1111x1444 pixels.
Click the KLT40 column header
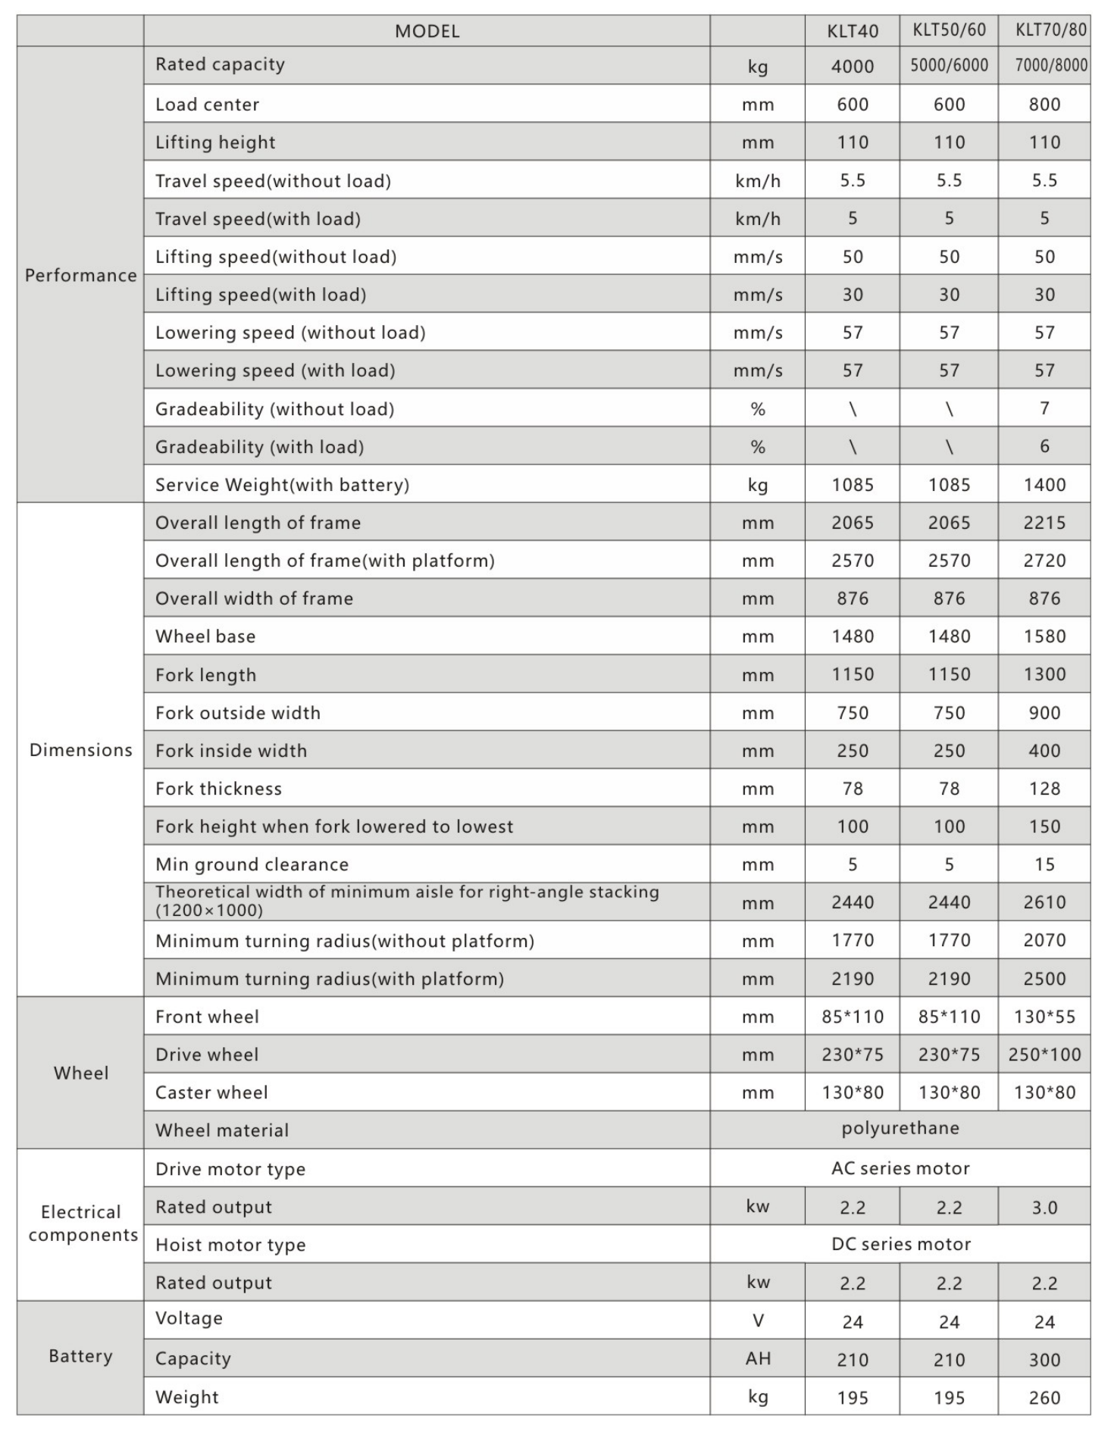[853, 31]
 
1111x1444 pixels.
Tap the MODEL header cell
[427, 31]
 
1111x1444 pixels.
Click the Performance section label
[80, 275]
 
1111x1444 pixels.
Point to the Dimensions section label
[80, 750]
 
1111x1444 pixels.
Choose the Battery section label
[80, 1356]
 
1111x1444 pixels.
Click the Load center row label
[207, 105]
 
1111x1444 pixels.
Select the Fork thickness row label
[218, 789]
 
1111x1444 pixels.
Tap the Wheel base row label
[205, 636]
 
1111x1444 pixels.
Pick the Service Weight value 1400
[1044, 485]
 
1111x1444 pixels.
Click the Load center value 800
[1044, 105]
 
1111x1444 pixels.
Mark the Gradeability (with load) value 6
[1044, 446]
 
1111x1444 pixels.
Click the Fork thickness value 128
[1044, 789]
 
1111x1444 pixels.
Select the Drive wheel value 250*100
[1044, 1055]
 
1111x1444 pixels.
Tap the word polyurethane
[900, 1128]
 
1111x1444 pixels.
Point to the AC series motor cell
[900, 1168]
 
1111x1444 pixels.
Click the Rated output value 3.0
[1044, 1208]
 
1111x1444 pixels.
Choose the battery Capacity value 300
[1044, 1360]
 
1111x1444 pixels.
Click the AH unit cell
[758, 1358]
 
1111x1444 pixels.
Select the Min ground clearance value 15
[1044, 864]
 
